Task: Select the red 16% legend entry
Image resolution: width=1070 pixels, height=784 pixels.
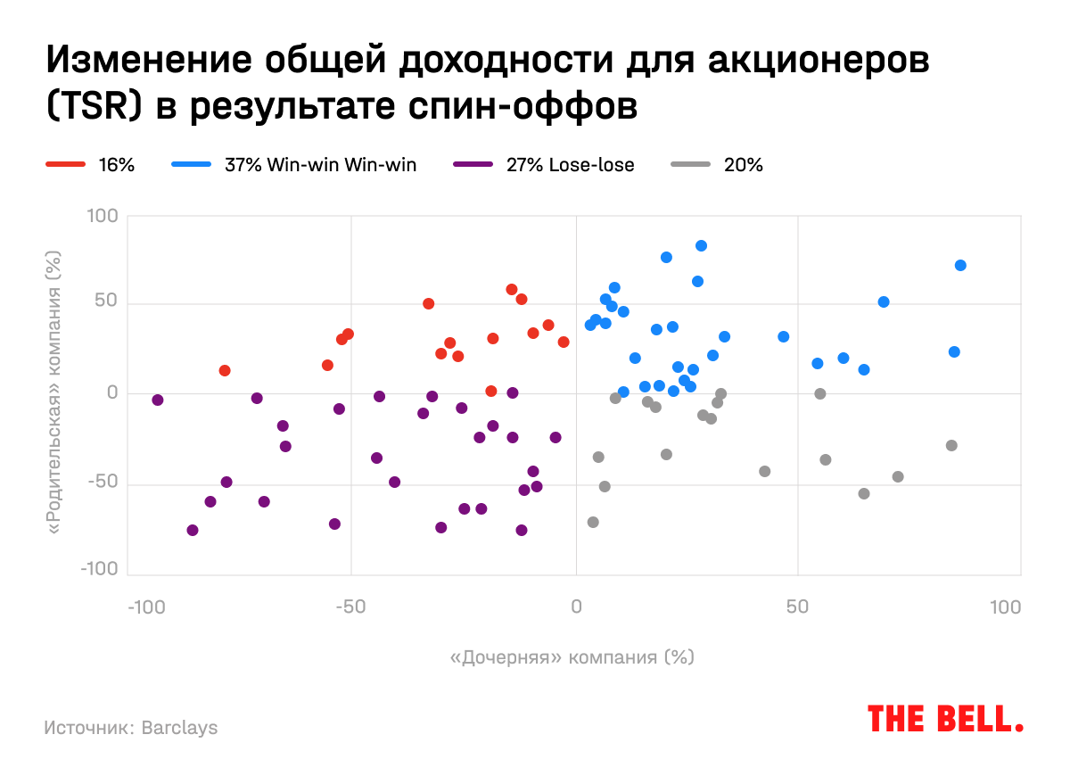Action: [89, 165]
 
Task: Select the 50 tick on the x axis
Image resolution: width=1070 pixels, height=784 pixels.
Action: [797, 608]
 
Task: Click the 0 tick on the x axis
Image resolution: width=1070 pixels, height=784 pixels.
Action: [575, 608]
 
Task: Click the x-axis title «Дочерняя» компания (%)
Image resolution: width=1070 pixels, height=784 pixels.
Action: [572, 657]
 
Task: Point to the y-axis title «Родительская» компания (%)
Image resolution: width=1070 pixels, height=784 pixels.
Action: [53, 392]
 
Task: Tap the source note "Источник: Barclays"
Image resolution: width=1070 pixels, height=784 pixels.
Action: [130, 728]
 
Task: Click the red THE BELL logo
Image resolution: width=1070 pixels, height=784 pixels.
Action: [945, 718]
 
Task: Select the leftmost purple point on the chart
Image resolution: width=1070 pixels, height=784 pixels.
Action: [158, 400]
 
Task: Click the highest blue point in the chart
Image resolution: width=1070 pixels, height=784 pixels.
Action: [701, 246]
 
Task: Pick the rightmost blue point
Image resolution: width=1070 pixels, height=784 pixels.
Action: [960, 266]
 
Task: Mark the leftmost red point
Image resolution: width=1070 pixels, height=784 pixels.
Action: [225, 371]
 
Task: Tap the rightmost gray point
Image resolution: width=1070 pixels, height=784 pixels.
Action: [951, 446]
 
